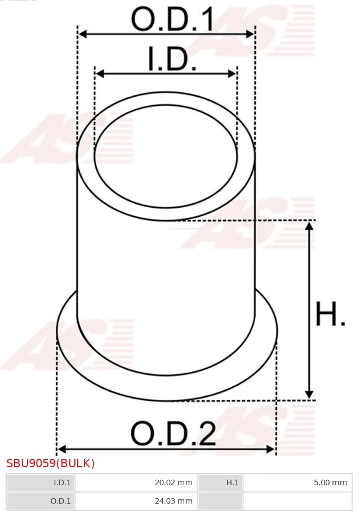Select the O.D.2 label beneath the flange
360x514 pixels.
(x=173, y=434)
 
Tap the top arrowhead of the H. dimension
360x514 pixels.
(x=309, y=226)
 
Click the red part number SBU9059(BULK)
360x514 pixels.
(x=51, y=463)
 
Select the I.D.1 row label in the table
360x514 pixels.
(x=62, y=482)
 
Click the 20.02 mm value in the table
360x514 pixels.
(x=174, y=482)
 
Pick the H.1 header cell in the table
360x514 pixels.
(x=233, y=482)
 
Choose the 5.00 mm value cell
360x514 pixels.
(x=330, y=482)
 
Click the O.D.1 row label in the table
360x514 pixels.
(x=61, y=500)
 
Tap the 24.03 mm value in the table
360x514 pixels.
(x=174, y=500)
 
